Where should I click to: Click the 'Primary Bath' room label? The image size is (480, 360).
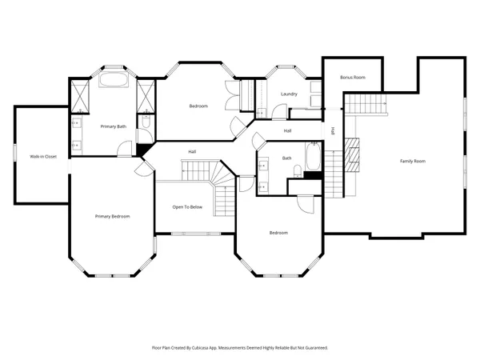(114, 126)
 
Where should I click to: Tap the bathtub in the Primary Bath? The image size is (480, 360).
(113, 81)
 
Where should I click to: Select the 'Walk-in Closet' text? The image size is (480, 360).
(42, 156)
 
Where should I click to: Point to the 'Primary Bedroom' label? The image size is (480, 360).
(112, 217)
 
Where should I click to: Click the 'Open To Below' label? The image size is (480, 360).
(187, 207)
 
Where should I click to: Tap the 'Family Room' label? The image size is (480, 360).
(413, 162)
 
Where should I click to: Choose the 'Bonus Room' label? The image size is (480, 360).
(352, 78)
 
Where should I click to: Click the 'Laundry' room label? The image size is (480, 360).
(289, 94)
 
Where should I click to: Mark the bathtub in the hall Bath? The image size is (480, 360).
(314, 157)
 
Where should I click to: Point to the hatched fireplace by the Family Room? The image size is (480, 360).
(353, 154)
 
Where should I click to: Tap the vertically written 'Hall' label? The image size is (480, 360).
(334, 130)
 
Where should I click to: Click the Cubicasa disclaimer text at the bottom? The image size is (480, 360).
(240, 348)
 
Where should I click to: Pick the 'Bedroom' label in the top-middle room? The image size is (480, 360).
(198, 106)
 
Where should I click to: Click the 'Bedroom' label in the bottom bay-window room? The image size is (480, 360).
(278, 233)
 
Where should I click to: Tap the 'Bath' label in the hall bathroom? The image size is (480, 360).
(286, 158)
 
